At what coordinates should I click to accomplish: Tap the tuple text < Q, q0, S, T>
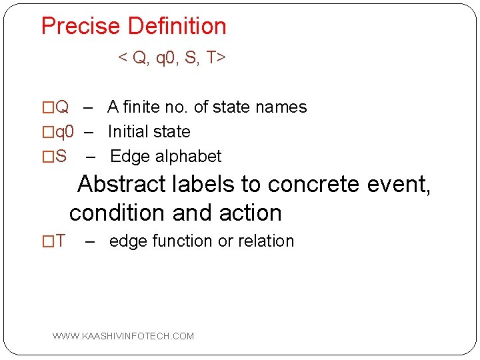coord(172,58)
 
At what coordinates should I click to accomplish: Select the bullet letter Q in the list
coord(61,107)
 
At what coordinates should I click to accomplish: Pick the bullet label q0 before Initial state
coord(64,132)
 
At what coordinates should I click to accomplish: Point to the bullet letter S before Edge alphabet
coord(60,157)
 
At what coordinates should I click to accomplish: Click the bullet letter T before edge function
coord(60,241)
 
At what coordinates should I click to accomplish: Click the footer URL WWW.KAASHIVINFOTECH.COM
coord(123,336)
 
